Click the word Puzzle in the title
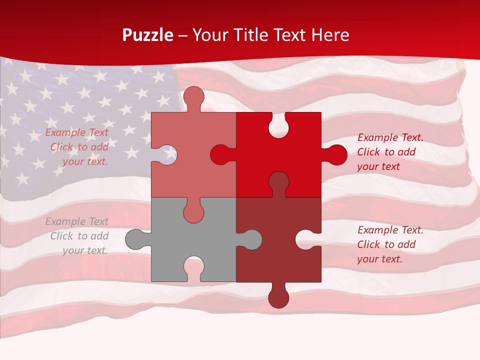point(147,35)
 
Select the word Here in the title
point(330,35)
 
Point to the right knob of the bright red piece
point(336,154)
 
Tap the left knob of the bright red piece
point(220,155)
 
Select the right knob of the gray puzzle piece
point(251,239)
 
